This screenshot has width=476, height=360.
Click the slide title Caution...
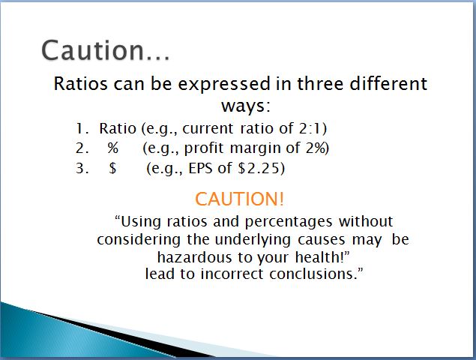click(x=106, y=50)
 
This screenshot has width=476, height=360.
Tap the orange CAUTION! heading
click(x=240, y=199)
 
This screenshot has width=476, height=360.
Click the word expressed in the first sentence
click(x=224, y=84)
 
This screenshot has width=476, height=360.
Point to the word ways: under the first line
click(x=246, y=106)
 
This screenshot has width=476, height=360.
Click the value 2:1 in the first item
click(x=310, y=128)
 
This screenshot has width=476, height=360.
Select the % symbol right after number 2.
click(x=112, y=148)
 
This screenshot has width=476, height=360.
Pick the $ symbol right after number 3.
click(x=112, y=168)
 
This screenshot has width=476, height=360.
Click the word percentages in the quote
click(x=289, y=222)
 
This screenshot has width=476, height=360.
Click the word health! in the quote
click(x=319, y=257)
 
